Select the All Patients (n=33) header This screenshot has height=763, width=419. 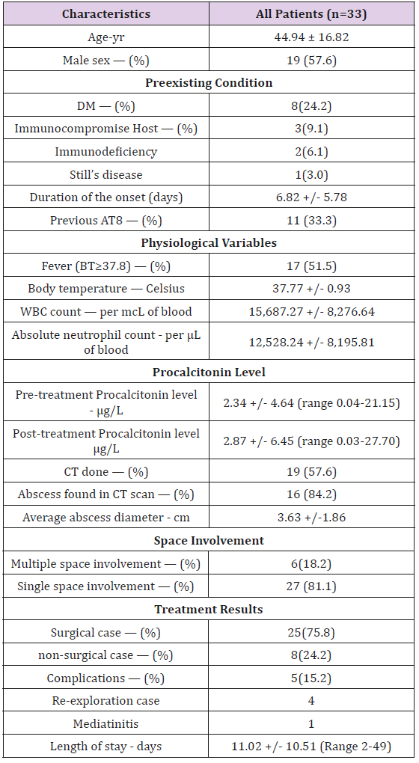[x=311, y=14]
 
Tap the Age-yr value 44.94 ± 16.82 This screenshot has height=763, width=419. [x=311, y=37]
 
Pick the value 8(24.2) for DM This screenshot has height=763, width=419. [x=311, y=105]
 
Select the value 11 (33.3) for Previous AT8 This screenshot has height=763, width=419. [x=311, y=220]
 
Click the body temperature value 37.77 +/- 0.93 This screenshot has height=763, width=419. [x=311, y=288]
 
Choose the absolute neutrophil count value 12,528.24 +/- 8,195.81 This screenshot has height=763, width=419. [x=311, y=342]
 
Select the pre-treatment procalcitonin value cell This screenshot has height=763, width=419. [x=311, y=402]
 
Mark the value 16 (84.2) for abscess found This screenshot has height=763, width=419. [x=311, y=494]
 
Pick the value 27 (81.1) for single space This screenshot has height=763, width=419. [x=311, y=586]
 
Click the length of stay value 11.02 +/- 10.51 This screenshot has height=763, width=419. [x=311, y=746]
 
